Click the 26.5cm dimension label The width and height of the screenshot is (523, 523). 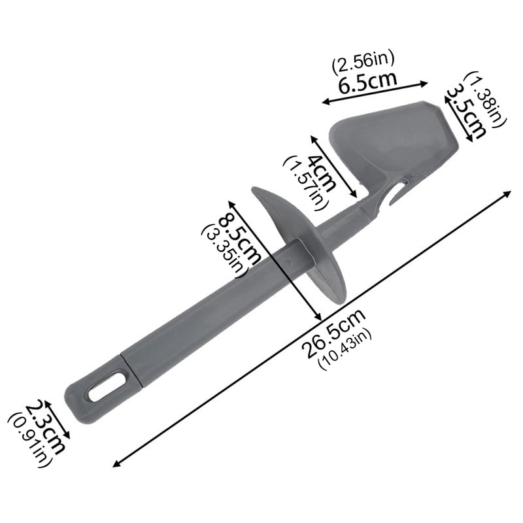click(333, 331)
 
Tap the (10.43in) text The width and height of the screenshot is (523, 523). click(345, 350)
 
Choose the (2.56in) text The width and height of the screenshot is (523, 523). click(363, 64)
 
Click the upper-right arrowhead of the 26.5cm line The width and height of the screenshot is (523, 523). click(508, 194)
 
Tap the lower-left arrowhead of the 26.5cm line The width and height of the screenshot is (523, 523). click(116, 464)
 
